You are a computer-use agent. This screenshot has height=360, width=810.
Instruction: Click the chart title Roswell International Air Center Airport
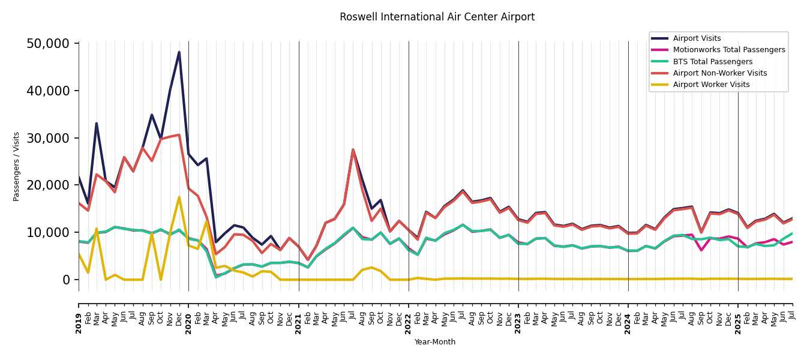tap(437, 17)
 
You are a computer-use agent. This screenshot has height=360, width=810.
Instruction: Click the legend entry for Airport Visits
tap(697, 38)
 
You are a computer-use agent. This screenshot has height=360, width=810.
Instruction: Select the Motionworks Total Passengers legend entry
tap(728, 50)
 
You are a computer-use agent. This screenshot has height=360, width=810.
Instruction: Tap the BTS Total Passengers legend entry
tap(712, 62)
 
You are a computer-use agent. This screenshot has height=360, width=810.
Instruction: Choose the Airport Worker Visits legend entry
tap(711, 85)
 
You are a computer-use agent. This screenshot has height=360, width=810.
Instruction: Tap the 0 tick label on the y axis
tap(66, 280)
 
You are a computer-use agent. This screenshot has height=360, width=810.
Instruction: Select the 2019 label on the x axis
tap(79, 316)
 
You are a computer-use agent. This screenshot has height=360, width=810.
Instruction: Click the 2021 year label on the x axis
tap(299, 316)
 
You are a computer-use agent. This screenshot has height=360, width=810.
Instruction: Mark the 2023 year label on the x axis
tap(518, 316)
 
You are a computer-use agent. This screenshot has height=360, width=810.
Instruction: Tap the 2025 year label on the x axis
tap(738, 316)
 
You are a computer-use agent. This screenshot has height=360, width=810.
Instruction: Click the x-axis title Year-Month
tap(435, 342)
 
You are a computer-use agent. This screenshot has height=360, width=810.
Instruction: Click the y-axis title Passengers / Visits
tap(17, 166)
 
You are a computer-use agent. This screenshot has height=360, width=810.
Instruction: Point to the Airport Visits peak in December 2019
tap(179, 52)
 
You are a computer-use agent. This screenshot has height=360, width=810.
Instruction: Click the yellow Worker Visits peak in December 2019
tap(179, 197)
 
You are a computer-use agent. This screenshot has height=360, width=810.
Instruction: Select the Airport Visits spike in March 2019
tap(97, 124)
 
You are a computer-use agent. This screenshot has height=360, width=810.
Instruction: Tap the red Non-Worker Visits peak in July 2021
tap(353, 149)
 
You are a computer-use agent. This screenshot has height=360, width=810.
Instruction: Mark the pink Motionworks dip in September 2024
tap(701, 250)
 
